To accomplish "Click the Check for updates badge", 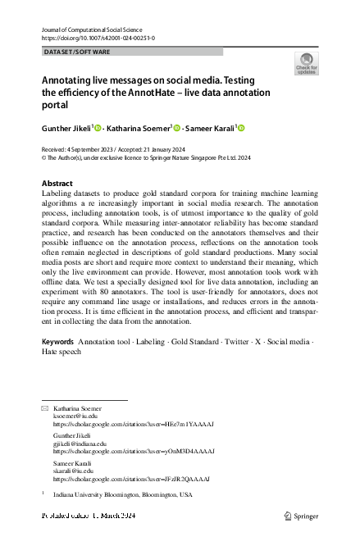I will point(306,63).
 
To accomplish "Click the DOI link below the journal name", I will point(98,38).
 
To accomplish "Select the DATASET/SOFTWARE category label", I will point(75,51).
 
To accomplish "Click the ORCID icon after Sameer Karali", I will point(242,128).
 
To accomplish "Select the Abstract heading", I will point(57,183).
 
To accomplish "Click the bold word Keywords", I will point(58,363).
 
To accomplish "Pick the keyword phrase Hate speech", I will point(62,374).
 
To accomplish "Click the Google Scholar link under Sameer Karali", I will point(131,480).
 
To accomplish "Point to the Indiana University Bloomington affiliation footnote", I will point(123,495).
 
